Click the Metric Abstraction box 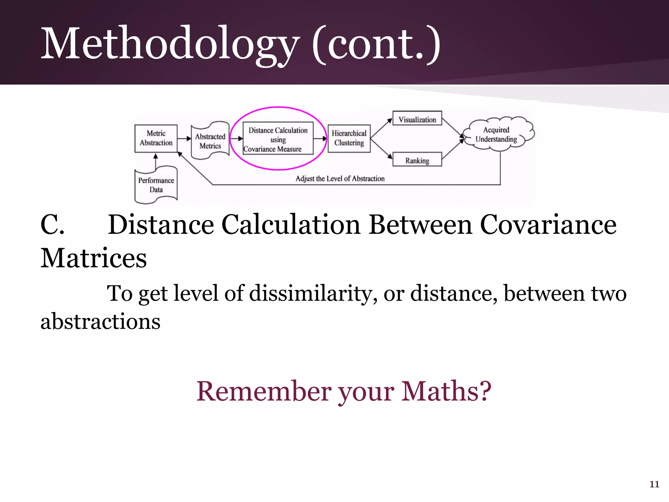[156, 138]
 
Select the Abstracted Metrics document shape [210, 141]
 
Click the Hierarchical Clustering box [349, 138]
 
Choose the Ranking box [417, 160]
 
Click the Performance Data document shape [156, 185]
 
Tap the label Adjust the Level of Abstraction [340, 178]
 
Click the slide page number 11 [654, 484]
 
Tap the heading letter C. [52, 225]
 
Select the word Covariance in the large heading [548, 225]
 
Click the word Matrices [93, 258]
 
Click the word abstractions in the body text [100, 321]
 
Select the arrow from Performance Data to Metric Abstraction [156, 161]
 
